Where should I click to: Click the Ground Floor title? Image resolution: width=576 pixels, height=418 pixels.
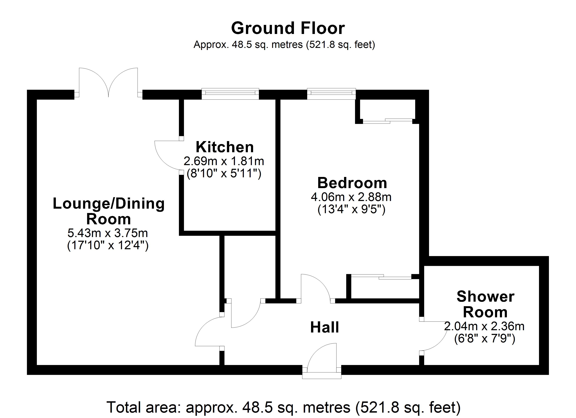pos(288,28)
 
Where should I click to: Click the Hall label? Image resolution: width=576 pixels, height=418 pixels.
pos(324,327)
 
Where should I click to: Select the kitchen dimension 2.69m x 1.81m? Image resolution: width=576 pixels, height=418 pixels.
pos(224,161)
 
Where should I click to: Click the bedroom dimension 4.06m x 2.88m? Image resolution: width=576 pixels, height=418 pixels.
pos(351,197)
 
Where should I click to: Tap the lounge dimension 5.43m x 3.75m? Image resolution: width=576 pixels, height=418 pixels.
pos(108,233)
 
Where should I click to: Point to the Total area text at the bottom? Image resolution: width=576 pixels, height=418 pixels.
pos(283,408)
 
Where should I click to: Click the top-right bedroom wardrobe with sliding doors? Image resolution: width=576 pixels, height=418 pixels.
pos(387,110)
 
